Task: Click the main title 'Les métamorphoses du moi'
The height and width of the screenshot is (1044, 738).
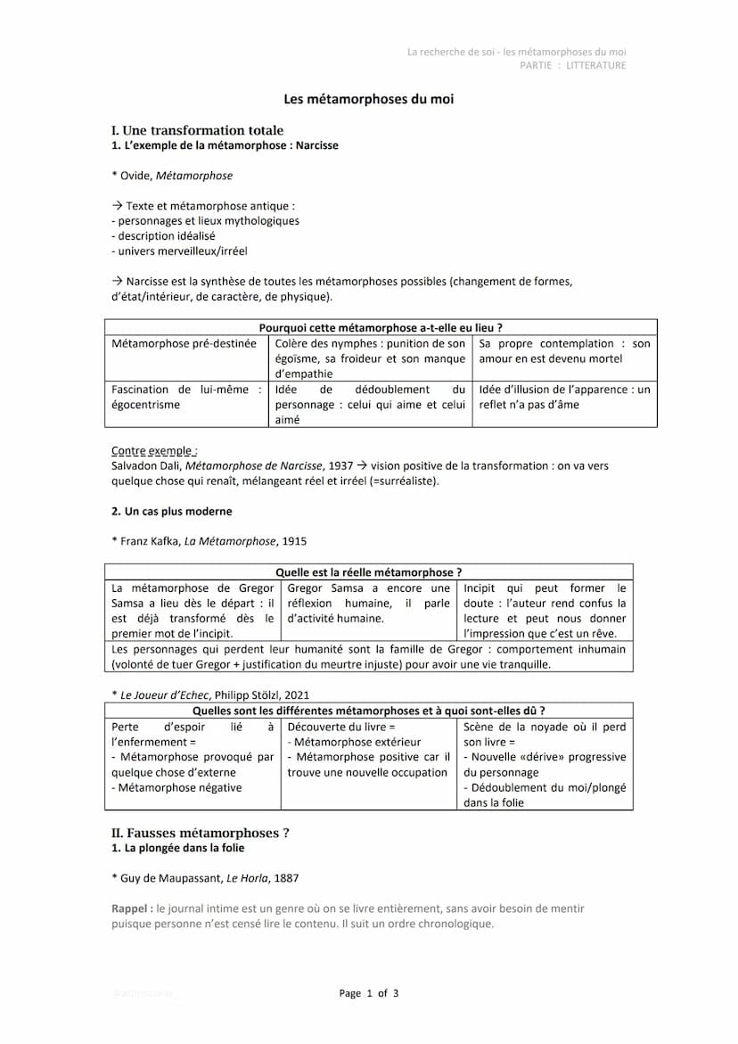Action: tap(368, 99)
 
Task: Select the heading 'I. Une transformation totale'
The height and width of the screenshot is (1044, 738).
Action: tap(197, 130)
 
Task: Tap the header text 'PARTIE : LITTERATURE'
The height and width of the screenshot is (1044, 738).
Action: tap(573, 65)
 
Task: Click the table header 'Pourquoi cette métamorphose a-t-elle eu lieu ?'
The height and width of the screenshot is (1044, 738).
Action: tap(381, 327)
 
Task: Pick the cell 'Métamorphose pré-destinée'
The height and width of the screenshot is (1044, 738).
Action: tap(184, 343)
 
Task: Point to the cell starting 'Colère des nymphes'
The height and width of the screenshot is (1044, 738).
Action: tap(370, 358)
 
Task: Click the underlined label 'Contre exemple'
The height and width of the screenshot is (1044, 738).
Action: tap(153, 451)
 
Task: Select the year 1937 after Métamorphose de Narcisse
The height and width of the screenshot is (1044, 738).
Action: tap(340, 465)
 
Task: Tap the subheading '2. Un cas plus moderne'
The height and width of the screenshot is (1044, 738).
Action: tap(171, 512)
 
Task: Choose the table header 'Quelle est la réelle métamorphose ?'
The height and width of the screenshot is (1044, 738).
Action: tap(368, 572)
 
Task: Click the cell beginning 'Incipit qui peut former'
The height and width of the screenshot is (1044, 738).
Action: tap(545, 611)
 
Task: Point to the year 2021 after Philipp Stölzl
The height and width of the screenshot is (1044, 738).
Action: tap(296, 695)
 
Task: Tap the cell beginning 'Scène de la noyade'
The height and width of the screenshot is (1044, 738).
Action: tap(545, 764)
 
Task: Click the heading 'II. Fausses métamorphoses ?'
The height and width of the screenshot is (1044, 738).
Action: tap(200, 833)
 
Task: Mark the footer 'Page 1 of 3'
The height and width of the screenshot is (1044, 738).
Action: tap(368, 993)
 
